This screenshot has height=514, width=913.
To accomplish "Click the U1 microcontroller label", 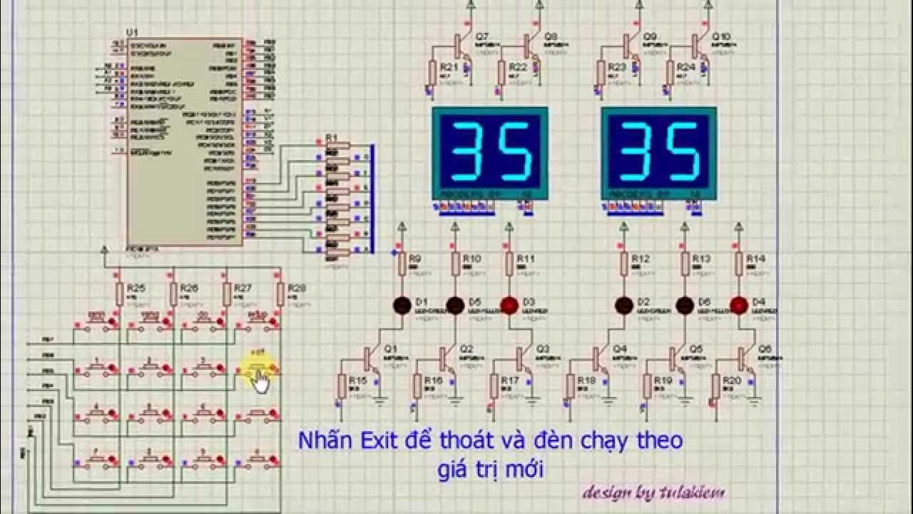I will [132, 34].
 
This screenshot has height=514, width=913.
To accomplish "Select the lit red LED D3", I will [509, 306].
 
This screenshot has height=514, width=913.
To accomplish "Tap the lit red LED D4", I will [738, 306].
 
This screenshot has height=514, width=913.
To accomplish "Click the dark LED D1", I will [402, 306].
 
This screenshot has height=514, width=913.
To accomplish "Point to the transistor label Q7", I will [482, 36].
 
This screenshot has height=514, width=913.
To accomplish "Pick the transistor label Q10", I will [721, 36].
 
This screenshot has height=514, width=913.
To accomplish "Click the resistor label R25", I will [136, 288].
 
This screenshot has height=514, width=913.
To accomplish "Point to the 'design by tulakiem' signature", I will [654, 492].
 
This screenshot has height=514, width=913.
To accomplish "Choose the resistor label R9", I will [416, 258].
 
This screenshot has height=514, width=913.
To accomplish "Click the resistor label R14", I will [755, 258].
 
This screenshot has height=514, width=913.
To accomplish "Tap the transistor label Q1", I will [390, 349].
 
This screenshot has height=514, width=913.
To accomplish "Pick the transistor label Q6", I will [765, 349].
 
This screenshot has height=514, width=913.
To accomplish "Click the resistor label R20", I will [733, 381].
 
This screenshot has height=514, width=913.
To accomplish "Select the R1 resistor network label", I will [331, 137].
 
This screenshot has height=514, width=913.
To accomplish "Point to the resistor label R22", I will [518, 67].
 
